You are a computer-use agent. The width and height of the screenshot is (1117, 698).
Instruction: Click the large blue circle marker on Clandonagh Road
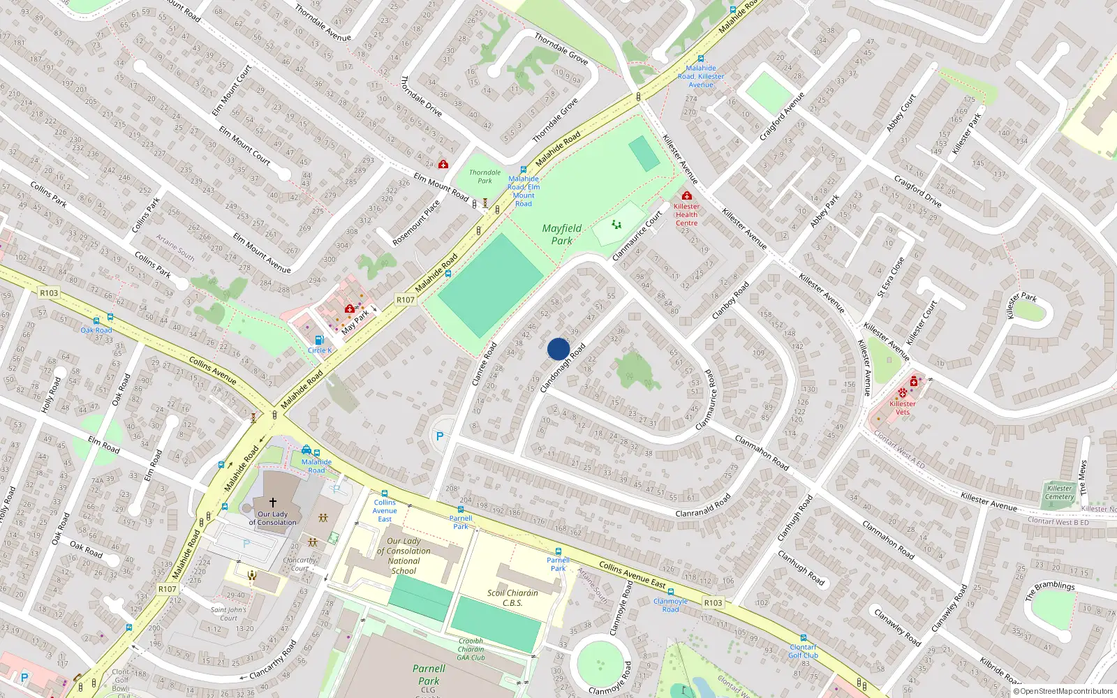(558, 349)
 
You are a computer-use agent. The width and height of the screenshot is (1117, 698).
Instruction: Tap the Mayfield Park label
(561, 235)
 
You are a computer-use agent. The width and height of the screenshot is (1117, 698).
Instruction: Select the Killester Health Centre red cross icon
(687, 196)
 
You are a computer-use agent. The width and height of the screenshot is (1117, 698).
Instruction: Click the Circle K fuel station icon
(320, 340)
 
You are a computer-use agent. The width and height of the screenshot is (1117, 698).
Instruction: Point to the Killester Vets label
(903, 408)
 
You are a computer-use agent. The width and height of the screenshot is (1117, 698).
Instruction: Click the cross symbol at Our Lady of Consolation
(273, 502)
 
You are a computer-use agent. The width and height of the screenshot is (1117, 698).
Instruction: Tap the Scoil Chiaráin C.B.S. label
(512, 597)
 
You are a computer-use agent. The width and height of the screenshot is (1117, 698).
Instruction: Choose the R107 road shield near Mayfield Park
(406, 299)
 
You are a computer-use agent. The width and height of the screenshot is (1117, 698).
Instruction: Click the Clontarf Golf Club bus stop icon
(804, 638)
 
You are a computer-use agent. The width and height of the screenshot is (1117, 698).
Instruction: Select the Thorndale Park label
(484, 177)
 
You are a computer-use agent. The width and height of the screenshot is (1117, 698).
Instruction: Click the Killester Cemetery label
(1059, 492)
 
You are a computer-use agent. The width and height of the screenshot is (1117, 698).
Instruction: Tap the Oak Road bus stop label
(96, 330)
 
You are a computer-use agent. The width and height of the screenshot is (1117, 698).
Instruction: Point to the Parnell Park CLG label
(429, 677)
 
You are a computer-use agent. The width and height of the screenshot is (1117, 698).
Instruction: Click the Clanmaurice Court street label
(637, 237)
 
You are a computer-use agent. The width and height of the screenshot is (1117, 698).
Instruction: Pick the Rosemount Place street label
(416, 223)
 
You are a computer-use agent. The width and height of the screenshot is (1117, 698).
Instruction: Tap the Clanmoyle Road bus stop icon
(671, 593)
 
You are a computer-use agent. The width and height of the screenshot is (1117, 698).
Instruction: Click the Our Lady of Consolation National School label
(404, 556)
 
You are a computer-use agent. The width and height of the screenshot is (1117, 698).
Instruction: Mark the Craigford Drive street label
(918, 192)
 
